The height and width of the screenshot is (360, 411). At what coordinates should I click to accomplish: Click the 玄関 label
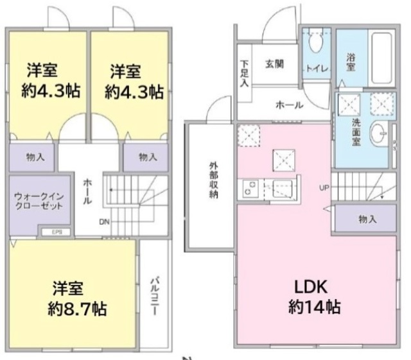(273, 64)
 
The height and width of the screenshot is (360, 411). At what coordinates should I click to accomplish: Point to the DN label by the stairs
(103, 222)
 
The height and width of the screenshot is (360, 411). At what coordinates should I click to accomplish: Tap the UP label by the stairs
(325, 187)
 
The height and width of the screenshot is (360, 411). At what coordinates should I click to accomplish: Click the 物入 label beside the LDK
(367, 219)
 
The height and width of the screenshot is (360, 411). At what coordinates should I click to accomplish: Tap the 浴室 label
(351, 61)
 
